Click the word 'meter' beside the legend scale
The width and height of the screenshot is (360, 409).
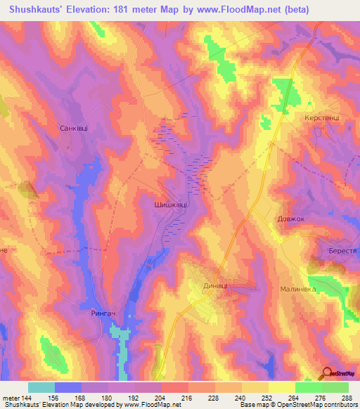(10, 397)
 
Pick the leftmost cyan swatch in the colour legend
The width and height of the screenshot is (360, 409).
(41, 387)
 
